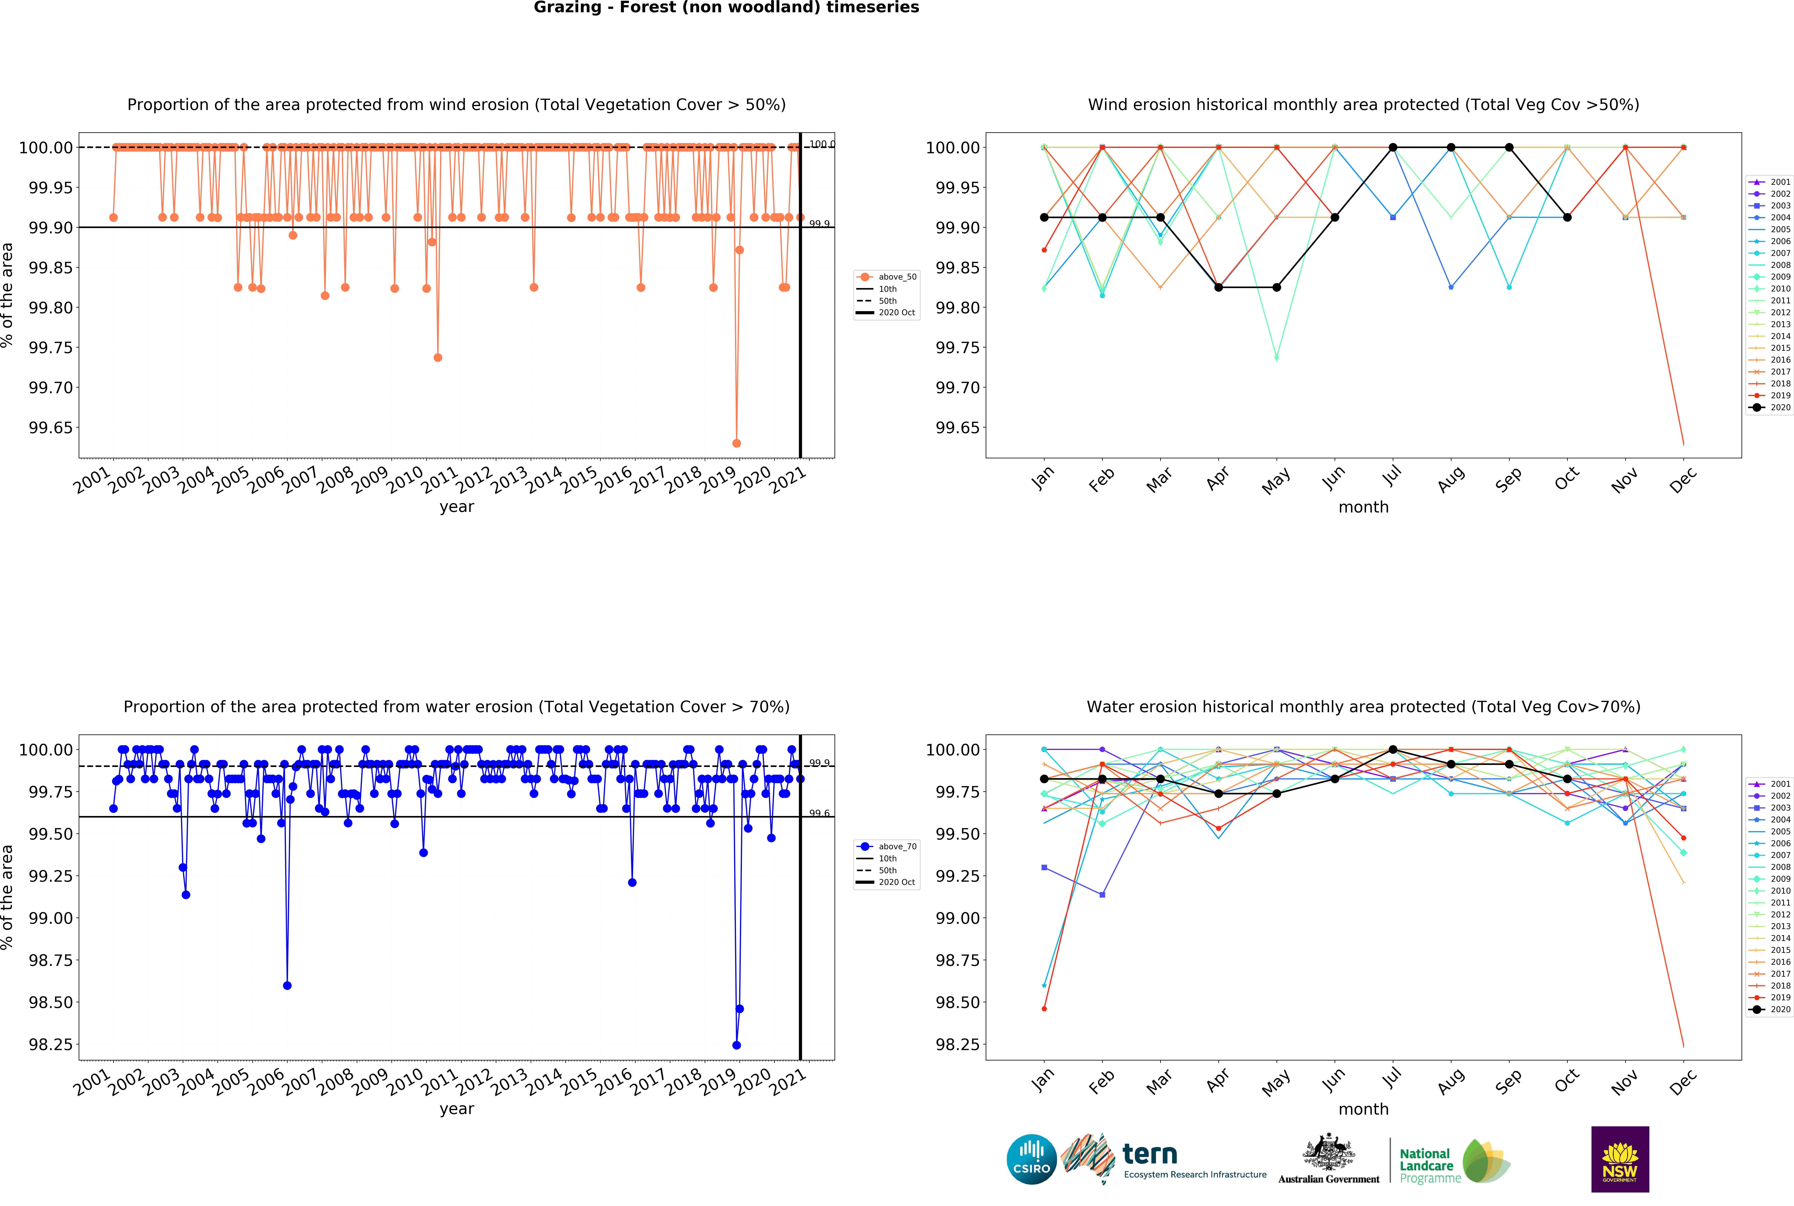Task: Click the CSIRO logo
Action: point(1031,1159)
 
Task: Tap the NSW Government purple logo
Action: point(1619,1159)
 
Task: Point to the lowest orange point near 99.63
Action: point(737,443)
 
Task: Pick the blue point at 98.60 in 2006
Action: point(288,985)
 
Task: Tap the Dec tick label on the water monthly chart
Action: point(1682,1082)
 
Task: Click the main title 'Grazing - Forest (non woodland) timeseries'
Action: point(726,8)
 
